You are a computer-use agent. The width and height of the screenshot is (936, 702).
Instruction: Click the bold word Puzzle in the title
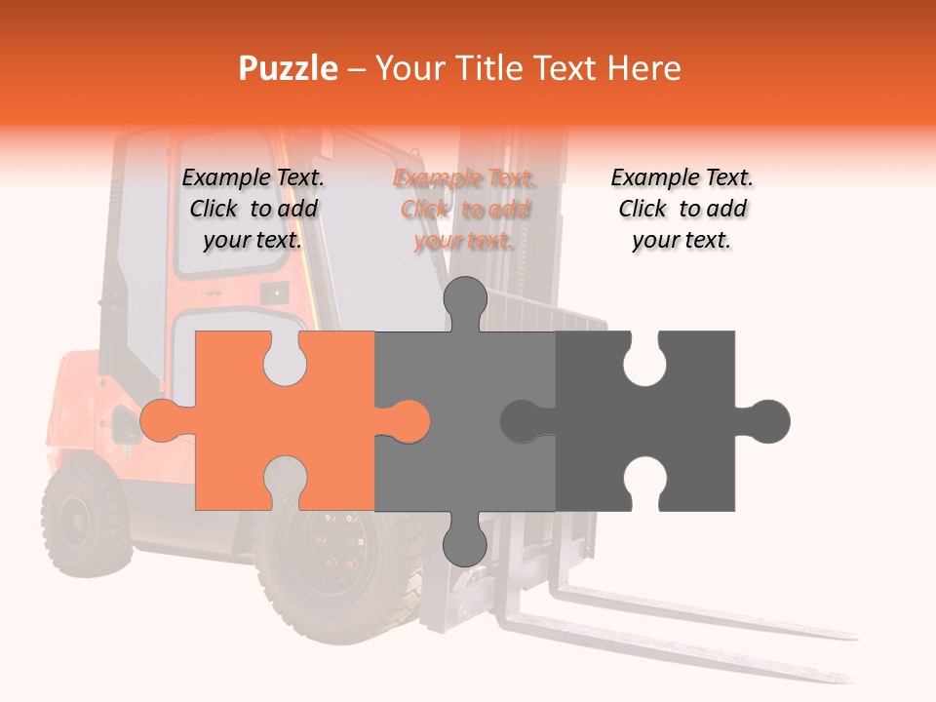click(289, 68)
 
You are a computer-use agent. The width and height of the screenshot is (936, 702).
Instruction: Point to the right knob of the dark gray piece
click(768, 420)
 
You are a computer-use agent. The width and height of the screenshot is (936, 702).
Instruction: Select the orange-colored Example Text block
click(464, 209)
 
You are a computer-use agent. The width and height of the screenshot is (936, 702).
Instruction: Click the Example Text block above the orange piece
click(253, 209)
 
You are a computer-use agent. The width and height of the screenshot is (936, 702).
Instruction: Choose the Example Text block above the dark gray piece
click(682, 209)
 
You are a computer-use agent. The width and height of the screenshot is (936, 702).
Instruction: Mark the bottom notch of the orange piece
click(285, 483)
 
